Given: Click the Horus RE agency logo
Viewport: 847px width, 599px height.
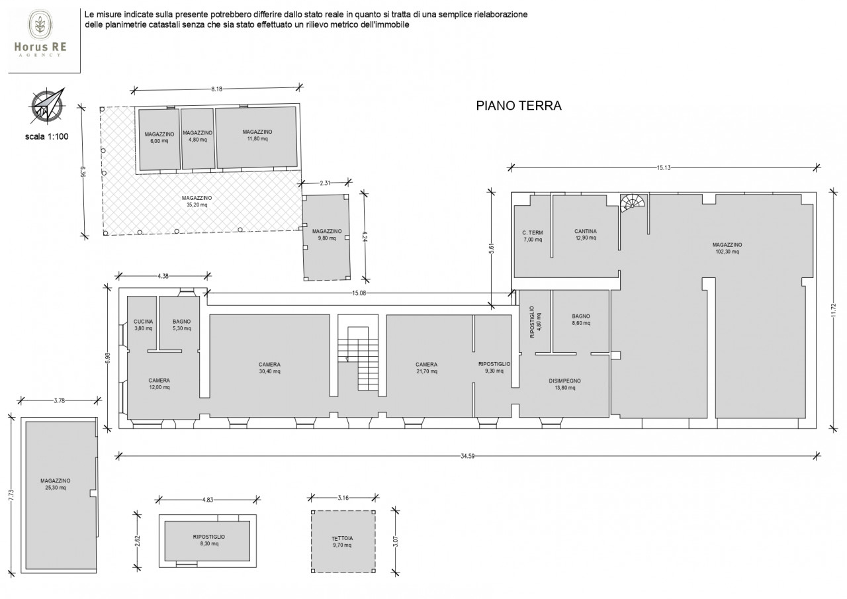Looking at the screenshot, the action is (x=40, y=34).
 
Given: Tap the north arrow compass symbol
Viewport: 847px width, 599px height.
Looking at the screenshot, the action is (x=47, y=106).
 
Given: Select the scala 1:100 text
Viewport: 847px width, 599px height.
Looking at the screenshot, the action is (x=47, y=136).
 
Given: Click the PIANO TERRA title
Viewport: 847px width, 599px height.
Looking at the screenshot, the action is (x=518, y=105).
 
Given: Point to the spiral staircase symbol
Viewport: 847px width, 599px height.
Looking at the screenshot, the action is (x=633, y=203).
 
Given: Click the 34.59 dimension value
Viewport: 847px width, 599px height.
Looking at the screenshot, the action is (x=467, y=456).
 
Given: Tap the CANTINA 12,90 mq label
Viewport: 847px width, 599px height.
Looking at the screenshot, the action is (x=586, y=234).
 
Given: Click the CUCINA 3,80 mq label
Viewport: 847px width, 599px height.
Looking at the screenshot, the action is (x=144, y=325).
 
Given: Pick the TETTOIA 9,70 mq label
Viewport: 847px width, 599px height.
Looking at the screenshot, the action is (x=342, y=541).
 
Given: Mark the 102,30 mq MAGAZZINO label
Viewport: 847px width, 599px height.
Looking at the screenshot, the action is (x=727, y=248).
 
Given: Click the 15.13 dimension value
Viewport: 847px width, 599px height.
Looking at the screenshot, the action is (x=664, y=168).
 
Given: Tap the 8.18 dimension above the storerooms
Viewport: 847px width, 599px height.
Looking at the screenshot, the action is (x=216, y=89).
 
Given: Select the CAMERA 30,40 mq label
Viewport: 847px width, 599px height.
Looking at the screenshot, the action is (x=269, y=368).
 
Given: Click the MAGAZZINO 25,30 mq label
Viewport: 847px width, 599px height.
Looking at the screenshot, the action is (x=55, y=484).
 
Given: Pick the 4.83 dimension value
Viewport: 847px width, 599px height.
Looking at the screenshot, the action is (x=208, y=500).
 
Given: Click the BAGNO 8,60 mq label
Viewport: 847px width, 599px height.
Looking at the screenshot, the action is (x=581, y=320).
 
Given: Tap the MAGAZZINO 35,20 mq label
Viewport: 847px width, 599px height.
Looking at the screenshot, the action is (x=197, y=201).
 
